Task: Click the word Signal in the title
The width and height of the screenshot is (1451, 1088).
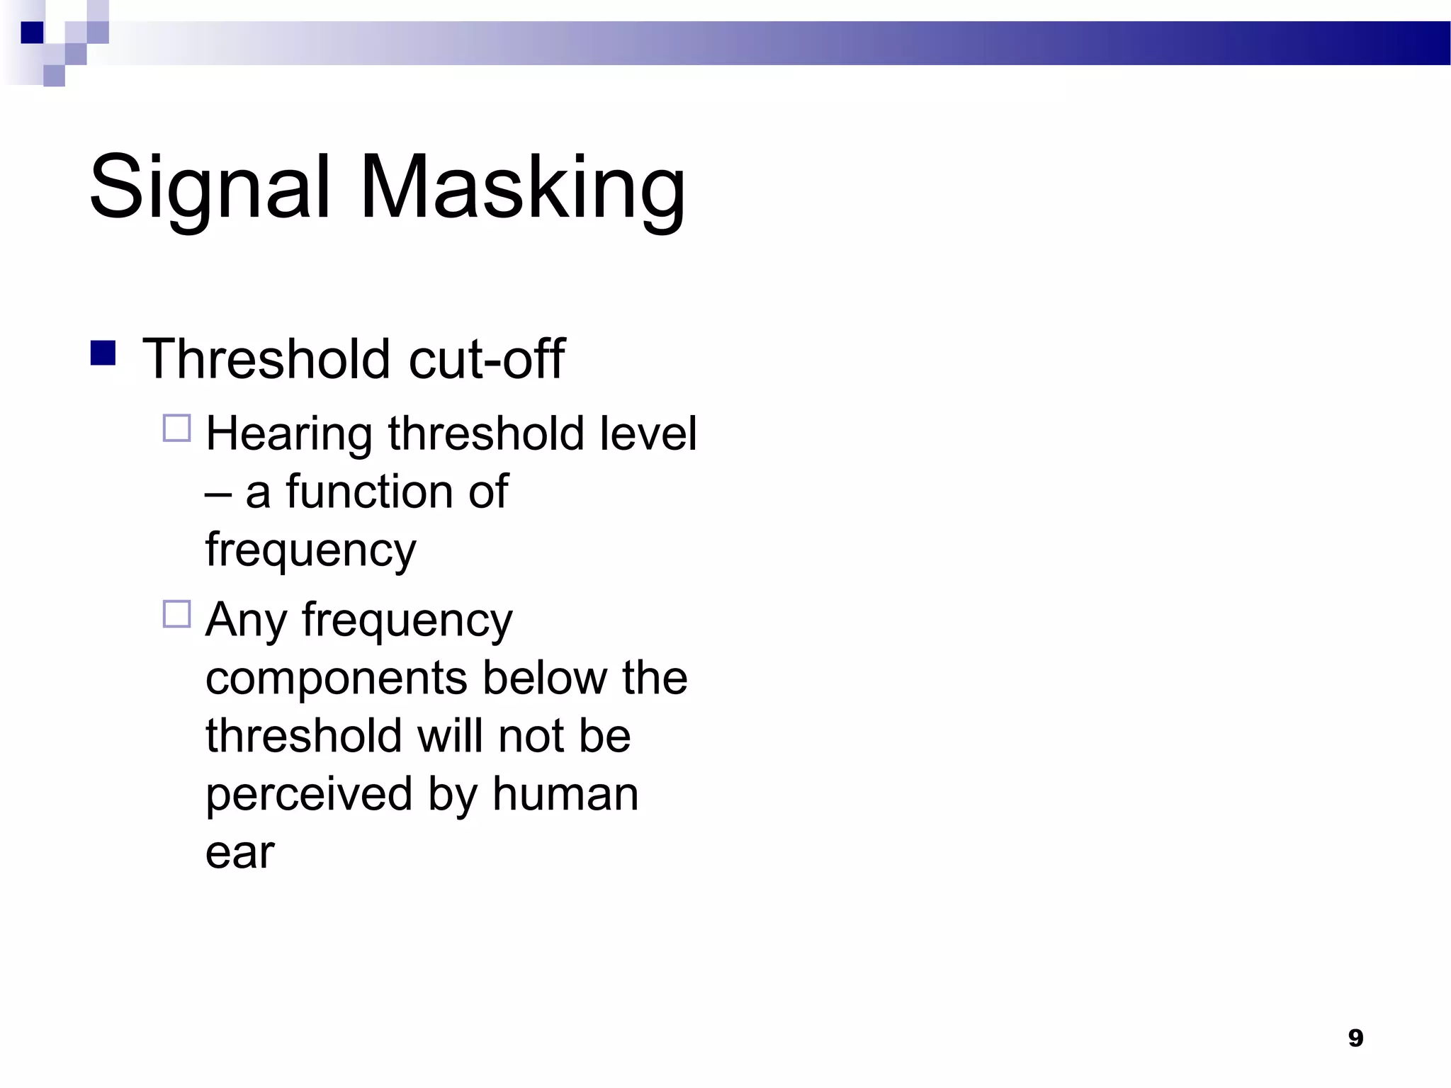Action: pyautogui.click(x=210, y=188)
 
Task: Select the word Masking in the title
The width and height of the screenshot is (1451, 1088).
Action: pyautogui.click(x=523, y=188)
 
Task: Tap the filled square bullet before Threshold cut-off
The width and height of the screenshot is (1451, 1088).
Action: pyautogui.click(x=103, y=353)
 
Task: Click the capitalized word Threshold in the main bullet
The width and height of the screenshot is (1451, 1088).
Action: pyautogui.click(x=266, y=359)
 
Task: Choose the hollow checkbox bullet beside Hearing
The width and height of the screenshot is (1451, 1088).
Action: pyautogui.click(x=177, y=429)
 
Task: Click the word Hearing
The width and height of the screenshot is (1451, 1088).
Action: pyautogui.click(x=288, y=434)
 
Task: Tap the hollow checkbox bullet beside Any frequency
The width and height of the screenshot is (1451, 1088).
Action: pyautogui.click(x=177, y=614)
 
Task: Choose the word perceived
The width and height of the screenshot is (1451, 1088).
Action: pyautogui.click(x=308, y=795)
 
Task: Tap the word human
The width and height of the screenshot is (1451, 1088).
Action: pyautogui.click(x=565, y=794)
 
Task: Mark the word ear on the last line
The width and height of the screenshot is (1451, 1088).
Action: pyautogui.click(x=239, y=853)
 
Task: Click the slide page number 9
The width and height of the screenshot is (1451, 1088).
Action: pyautogui.click(x=1355, y=1038)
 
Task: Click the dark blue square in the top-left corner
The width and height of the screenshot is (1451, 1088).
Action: pyautogui.click(x=32, y=33)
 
